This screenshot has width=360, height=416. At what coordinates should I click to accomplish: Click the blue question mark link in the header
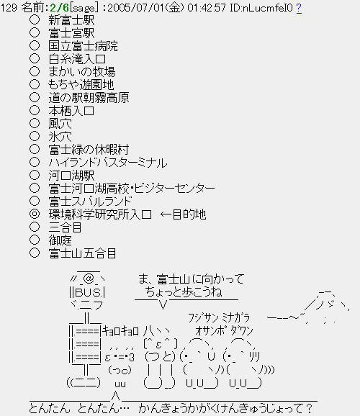click(299, 8)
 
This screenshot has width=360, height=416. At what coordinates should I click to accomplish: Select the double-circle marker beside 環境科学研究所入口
click(35, 214)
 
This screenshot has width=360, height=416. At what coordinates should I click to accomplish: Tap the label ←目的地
click(183, 214)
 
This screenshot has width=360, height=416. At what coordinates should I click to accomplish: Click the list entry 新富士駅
click(71, 20)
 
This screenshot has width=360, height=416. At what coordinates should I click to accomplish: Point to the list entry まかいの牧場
click(82, 72)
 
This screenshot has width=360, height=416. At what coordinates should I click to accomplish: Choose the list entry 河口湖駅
click(71, 176)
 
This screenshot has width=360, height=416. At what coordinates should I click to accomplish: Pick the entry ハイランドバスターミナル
click(108, 163)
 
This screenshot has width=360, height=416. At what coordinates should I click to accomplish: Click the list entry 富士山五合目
click(82, 253)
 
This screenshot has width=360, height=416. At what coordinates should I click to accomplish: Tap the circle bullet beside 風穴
click(35, 123)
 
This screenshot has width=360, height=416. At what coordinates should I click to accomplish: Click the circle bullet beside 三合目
click(35, 227)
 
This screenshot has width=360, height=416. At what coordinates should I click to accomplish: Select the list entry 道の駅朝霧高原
click(89, 98)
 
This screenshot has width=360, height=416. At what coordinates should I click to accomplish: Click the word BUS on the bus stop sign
click(86, 292)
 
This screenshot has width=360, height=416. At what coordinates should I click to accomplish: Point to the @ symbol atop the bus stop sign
click(89, 279)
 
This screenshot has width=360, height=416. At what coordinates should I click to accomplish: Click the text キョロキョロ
click(120, 331)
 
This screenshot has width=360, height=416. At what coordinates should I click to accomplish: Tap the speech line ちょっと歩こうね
click(184, 291)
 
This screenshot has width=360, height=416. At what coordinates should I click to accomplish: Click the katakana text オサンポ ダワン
click(224, 331)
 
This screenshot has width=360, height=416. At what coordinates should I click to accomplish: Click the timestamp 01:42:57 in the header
click(207, 8)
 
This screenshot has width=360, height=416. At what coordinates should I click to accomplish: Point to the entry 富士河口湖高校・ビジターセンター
click(132, 189)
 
